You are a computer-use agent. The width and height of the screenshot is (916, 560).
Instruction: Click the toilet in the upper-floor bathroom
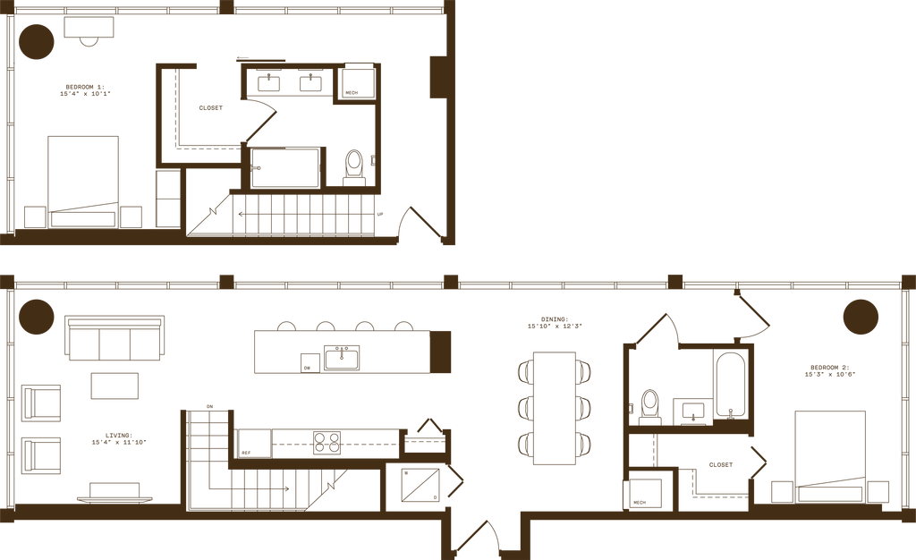point(355,165)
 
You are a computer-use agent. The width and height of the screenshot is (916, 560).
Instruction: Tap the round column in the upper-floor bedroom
point(38,41)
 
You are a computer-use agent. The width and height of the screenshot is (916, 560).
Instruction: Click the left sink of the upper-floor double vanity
point(268,82)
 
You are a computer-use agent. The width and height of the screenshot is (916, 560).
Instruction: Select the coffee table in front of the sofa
point(114,386)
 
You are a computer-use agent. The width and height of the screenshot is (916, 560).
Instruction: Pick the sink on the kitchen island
point(341,358)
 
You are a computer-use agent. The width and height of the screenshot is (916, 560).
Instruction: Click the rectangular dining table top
point(555,407)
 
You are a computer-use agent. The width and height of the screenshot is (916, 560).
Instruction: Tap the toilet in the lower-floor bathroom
point(650,404)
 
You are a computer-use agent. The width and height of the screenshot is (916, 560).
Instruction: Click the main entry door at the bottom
point(485,537)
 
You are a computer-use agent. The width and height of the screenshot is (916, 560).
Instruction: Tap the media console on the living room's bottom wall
point(114,490)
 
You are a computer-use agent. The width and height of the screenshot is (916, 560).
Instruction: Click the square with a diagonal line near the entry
point(418,483)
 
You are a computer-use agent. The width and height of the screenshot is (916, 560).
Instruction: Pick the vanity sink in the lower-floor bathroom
point(691,412)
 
